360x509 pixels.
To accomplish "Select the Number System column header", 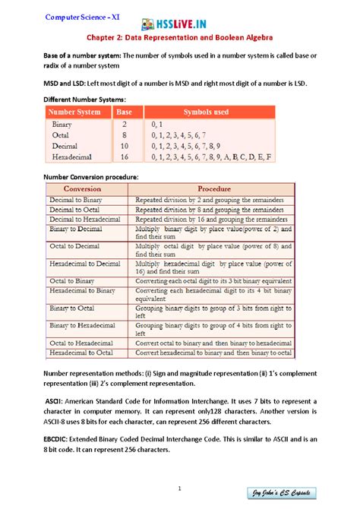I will click(x=74, y=112).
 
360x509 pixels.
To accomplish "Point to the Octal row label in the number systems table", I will click(x=61, y=134).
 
